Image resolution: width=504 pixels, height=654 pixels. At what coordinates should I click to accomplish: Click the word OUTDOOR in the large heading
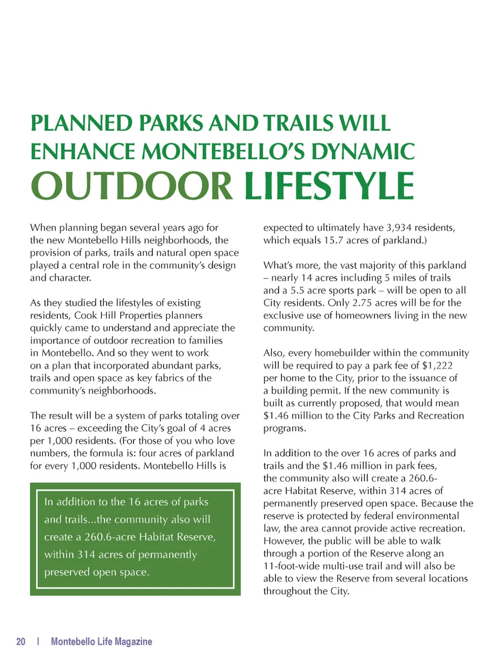coord(131,185)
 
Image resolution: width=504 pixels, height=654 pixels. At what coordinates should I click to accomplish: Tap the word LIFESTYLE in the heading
coord(329,185)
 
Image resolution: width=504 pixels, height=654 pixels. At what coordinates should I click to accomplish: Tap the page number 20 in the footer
coord(21,641)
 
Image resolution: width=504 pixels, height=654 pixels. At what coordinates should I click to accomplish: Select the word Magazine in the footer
coord(132,641)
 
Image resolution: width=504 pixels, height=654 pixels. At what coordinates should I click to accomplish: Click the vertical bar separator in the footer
coord(38,641)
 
